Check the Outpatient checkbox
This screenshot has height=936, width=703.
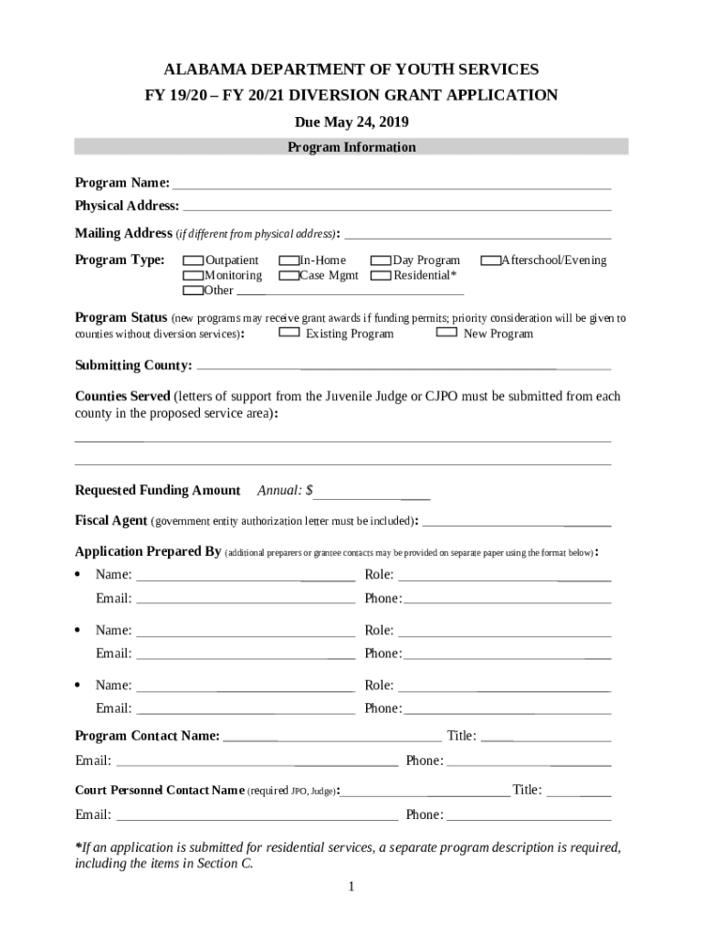pyautogui.click(x=194, y=261)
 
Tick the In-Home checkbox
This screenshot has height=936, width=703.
pyautogui.click(x=289, y=261)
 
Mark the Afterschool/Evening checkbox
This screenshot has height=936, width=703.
pyautogui.click(x=491, y=261)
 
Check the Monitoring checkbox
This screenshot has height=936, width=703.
pyautogui.click(x=194, y=275)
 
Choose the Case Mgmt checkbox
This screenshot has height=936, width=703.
pyautogui.click(x=289, y=275)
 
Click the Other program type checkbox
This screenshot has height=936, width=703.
pyautogui.click(x=194, y=291)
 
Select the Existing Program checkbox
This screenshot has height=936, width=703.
pyautogui.click(x=289, y=333)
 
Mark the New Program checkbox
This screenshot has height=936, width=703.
pyautogui.click(x=446, y=333)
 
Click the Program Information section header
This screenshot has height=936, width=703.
pyautogui.click(x=351, y=147)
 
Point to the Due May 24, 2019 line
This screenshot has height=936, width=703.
pyautogui.click(x=351, y=122)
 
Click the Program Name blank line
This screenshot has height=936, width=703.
pyautogui.click(x=392, y=184)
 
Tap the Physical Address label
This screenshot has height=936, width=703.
pyautogui.click(x=126, y=206)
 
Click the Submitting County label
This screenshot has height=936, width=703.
pyautogui.click(x=133, y=366)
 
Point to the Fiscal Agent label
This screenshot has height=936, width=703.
pyautogui.click(x=110, y=520)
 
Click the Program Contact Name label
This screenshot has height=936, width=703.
pyautogui.click(x=147, y=736)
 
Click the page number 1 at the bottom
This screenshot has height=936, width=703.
pyautogui.click(x=351, y=888)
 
